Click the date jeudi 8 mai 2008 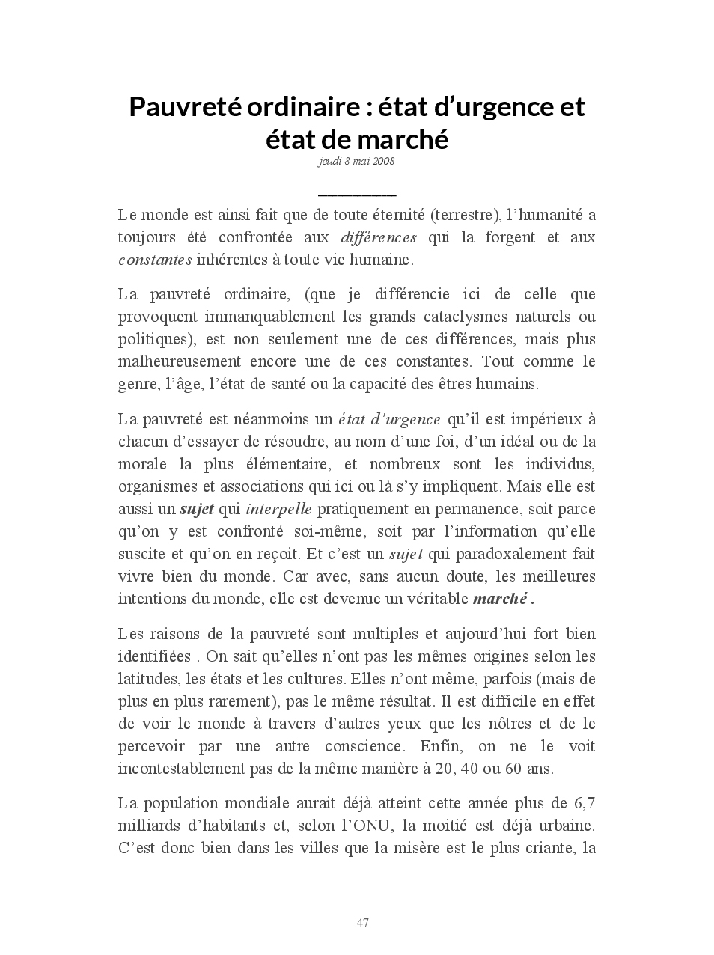[356, 161]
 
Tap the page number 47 [363, 923]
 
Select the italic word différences [379, 238]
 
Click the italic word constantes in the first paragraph [155, 260]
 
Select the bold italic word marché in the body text [500, 599]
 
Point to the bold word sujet [197, 510]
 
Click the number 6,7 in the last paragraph [585, 804]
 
